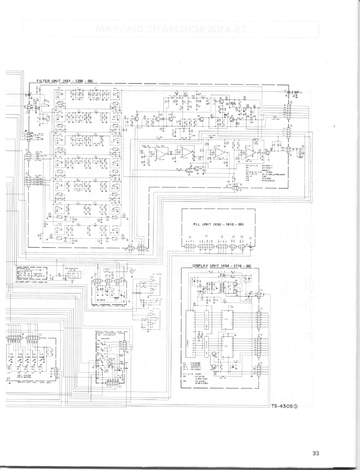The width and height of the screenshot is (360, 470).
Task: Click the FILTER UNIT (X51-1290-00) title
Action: tap(65, 81)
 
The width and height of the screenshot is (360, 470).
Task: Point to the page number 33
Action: tap(316, 454)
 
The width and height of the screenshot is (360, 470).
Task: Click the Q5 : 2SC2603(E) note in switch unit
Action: tap(109, 335)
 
